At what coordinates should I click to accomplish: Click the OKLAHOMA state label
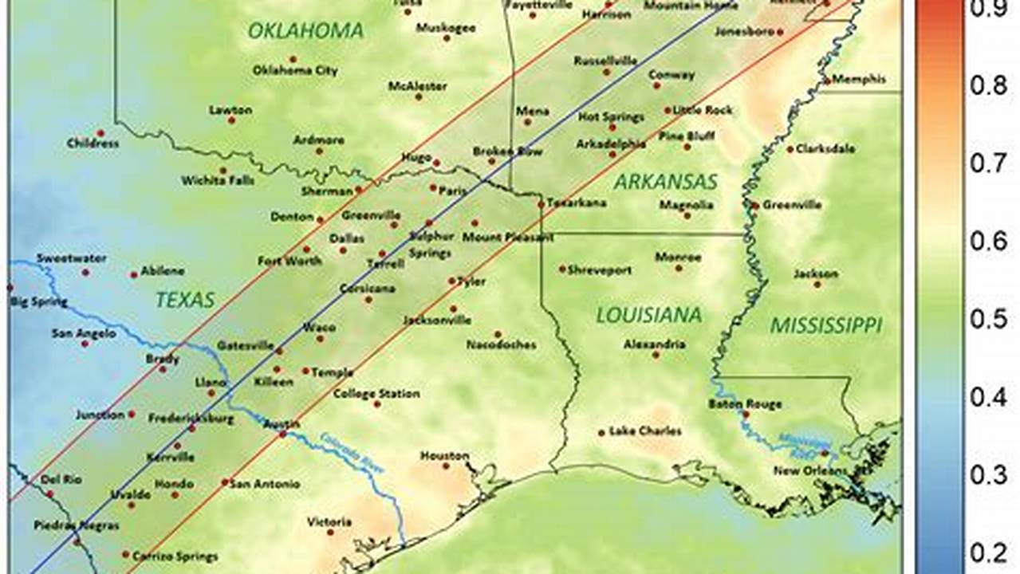coord(305,31)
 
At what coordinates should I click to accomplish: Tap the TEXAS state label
coord(185,300)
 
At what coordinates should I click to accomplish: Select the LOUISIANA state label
coord(649,315)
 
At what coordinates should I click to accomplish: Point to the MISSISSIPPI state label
coord(825,325)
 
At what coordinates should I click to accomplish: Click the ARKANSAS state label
coord(665,182)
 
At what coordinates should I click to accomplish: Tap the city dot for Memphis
coord(827,80)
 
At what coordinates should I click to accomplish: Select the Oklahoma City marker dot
coord(293,59)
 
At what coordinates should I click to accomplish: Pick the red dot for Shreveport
coord(562,269)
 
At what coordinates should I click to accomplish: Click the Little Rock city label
coord(702,110)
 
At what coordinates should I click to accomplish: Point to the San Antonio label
coord(265,484)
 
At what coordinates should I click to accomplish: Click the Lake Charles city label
coord(645,431)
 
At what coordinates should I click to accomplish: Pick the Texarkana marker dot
coord(542,204)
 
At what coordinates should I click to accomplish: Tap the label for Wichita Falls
coord(218,181)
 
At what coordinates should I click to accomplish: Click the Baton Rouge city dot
coord(746,415)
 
